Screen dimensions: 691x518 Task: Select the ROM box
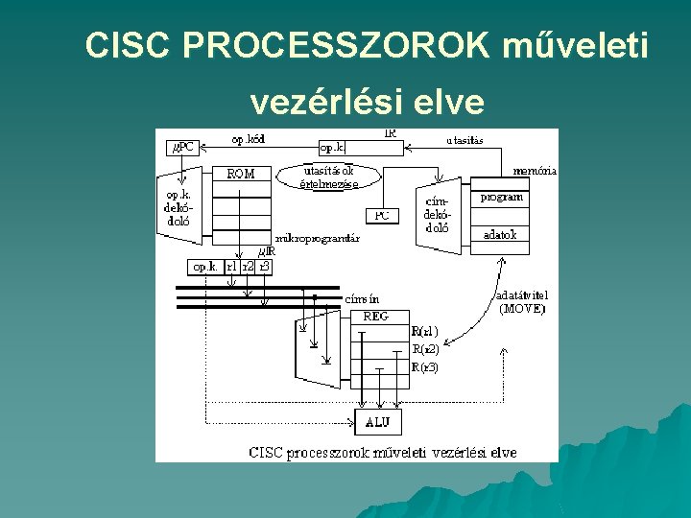241,174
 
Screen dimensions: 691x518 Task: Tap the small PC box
382,215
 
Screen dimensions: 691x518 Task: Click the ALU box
378,422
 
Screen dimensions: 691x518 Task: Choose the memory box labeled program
503,198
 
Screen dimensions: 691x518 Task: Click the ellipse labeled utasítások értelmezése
329,176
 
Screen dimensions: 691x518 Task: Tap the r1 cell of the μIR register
231,267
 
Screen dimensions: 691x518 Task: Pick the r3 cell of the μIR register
265,267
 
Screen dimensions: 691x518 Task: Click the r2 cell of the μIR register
249,267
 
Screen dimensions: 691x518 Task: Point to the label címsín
361,298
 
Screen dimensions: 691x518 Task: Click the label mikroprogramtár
317,238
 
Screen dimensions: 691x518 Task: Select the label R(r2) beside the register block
425,349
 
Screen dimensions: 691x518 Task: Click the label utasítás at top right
465,140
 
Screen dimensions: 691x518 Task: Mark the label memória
535,170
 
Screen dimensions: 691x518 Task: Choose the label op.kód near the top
248,139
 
